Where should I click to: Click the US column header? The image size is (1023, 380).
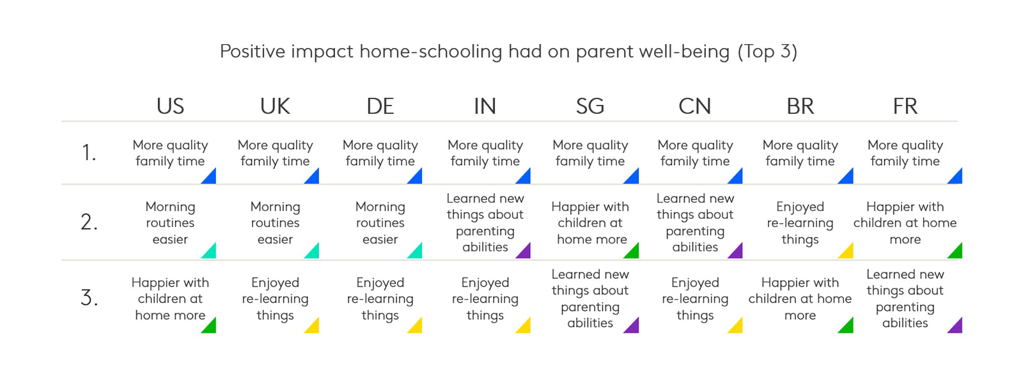[x=170, y=106]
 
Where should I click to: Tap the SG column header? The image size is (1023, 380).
[x=590, y=106]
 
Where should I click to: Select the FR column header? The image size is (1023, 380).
[x=905, y=106]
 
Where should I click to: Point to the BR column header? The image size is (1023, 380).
[x=800, y=106]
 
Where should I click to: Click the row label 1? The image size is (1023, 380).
[x=89, y=152]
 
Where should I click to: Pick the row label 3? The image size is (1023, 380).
[x=89, y=297]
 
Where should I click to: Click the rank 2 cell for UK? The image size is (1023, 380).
[x=276, y=223]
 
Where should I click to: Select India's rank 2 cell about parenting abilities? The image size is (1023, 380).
[x=485, y=223]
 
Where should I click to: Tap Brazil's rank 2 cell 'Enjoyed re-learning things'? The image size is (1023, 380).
[x=800, y=223]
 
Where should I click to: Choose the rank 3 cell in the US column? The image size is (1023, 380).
[x=170, y=299]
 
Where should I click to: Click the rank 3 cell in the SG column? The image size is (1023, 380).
[x=590, y=299]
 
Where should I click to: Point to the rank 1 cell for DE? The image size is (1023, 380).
[x=380, y=153]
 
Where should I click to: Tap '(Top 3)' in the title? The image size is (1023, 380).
[x=768, y=52]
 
